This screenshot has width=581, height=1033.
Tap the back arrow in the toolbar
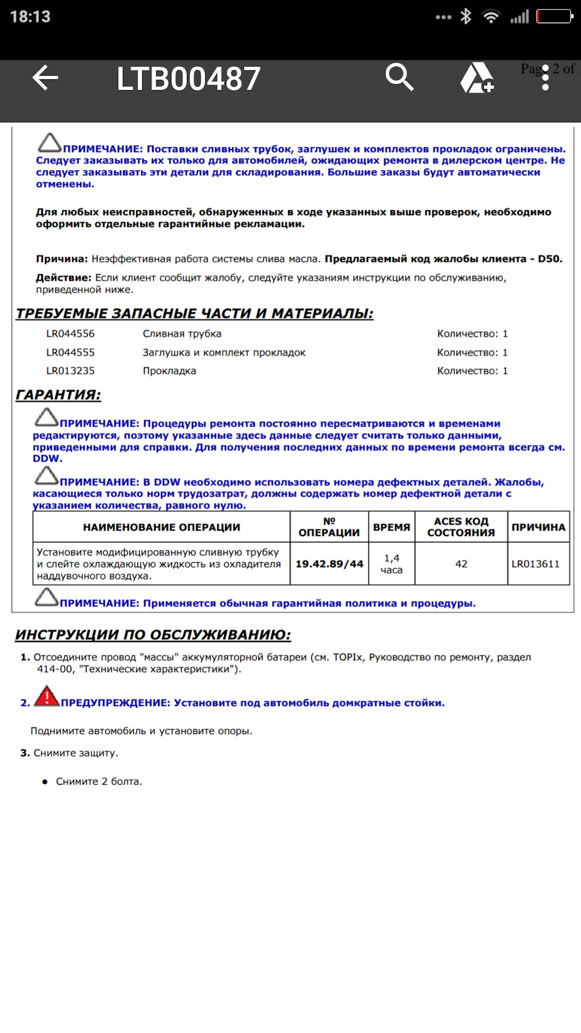(45, 78)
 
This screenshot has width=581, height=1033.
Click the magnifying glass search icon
(399, 77)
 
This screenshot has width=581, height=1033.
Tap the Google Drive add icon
(477, 78)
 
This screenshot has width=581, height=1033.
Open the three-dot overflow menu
(545, 78)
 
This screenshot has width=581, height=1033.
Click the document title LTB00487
(188, 79)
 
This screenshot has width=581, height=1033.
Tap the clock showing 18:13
(30, 16)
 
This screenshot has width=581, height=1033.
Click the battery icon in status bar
(554, 16)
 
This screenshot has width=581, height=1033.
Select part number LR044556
(70, 334)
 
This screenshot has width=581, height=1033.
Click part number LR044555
(70, 353)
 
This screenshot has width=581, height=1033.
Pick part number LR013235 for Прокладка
(70, 371)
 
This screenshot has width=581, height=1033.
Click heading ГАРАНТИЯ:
(58, 395)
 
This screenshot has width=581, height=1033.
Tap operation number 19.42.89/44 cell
(329, 564)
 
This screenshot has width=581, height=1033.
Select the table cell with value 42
(461, 564)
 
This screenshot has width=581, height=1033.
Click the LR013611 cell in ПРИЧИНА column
(536, 564)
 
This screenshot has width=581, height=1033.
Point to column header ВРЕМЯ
(392, 527)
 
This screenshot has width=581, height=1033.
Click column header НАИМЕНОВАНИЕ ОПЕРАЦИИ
(162, 527)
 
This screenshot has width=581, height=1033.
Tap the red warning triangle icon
(47, 697)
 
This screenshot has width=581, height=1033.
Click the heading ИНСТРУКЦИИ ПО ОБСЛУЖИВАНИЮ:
(153, 635)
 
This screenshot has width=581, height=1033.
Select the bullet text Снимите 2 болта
(99, 782)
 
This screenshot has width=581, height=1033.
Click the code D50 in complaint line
(549, 259)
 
